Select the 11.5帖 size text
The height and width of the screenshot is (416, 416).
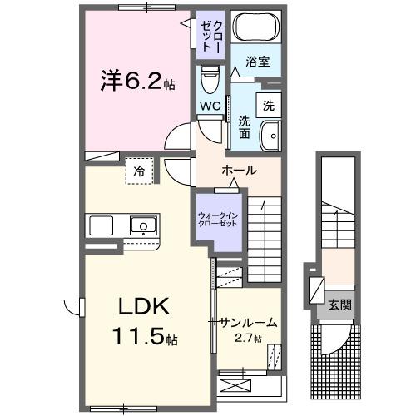pyautogui.click(x=143, y=339)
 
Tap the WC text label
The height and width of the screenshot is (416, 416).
pyautogui.click(x=210, y=106)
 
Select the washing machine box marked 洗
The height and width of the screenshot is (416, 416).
pyautogui.click(x=268, y=106)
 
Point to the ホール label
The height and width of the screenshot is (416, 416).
pyautogui.click(x=239, y=171)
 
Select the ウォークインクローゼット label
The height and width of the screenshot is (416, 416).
pyautogui.click(x=216, y=220)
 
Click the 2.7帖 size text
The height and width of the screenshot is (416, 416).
pyautogui.click(x=247, y=339)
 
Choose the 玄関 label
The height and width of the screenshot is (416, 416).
pyautogui.click(x=339, y=305)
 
